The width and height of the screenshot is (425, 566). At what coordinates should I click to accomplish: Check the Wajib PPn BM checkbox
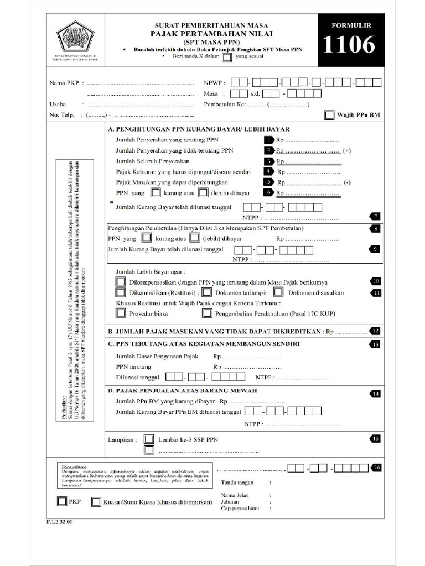[x=329, y=115]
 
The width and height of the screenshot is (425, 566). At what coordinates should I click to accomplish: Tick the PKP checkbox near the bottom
[x=61, y=502]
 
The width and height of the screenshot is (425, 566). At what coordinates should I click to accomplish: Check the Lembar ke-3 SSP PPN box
[x=149, y=439]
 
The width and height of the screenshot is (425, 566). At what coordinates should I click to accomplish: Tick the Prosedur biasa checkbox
[x=121, y=313]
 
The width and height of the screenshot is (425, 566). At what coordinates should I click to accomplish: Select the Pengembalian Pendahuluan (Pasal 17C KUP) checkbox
[x=207, y=313]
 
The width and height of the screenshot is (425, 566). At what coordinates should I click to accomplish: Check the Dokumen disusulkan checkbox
[x=279, y=292]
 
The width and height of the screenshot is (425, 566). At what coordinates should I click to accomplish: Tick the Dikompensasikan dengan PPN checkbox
[x=121, y=281]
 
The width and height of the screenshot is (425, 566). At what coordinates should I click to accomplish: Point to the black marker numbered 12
[x=375, y=331]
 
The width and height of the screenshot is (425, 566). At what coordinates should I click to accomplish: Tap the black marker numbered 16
[x=376, y=468]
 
